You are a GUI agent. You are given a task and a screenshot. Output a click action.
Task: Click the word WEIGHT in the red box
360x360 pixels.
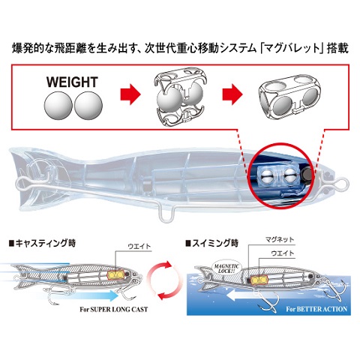(x=72, y=82)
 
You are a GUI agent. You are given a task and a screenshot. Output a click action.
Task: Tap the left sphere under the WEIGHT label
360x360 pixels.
(x=58, y=106)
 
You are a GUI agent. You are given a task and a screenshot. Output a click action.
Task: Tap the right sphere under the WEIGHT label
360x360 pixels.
(x=88, y=106)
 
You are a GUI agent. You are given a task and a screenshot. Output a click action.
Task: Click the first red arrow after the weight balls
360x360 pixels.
(x=130, y=94)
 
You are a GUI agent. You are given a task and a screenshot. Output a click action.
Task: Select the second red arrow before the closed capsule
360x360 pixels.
(x=232, y=94)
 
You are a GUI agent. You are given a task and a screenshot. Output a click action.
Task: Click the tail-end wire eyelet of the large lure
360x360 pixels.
(x=22, y=183)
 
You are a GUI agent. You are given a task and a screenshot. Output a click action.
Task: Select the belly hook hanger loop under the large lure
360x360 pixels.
(x=166, y=215)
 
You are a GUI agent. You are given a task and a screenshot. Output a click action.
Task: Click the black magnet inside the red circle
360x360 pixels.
(x=306, y=174)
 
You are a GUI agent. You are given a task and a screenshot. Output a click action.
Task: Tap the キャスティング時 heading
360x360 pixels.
(x=42, y=244)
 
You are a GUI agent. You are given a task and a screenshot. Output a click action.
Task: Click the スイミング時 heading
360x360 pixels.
(x=211, y=243)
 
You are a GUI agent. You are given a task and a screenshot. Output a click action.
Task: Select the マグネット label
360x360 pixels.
(x=280, y=239)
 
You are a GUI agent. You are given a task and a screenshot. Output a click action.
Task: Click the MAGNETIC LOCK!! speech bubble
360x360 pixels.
(x=226, y=268)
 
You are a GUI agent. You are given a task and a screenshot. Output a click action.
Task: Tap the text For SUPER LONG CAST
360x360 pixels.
(x=114, y=310)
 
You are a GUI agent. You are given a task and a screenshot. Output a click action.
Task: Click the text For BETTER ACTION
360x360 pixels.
(x=316, y=309)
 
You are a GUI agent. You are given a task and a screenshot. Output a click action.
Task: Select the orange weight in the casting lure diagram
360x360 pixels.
(x=115, y=275)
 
